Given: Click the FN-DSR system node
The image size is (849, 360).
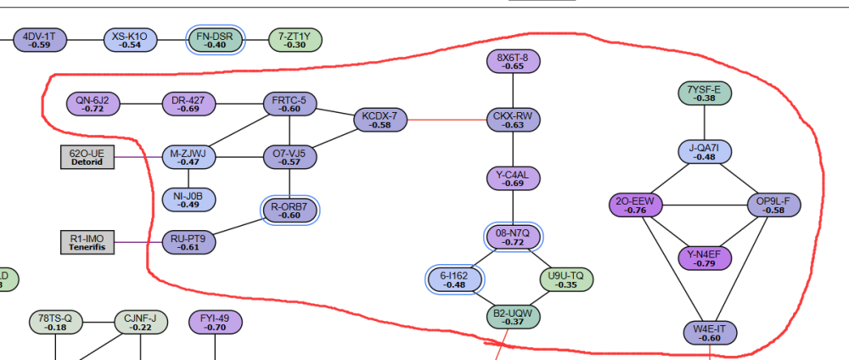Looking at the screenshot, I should (x=215, y=40).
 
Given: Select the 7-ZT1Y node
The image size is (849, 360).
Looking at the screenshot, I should (x=295, y=40).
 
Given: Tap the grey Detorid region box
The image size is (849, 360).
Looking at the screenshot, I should (x=87, y=157).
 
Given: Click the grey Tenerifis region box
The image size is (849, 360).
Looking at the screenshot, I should (x=87, y=242).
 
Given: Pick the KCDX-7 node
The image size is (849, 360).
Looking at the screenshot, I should (x=380, y=120).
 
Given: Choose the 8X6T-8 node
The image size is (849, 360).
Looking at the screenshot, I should (x=513, y=61).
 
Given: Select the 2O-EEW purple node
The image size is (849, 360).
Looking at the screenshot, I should (x=638, y=205).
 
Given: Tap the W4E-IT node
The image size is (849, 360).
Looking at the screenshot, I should (x=705, y=333).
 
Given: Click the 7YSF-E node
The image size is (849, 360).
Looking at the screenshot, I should (x=705, y=93).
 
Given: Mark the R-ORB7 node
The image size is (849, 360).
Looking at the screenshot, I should (x=290, y=211).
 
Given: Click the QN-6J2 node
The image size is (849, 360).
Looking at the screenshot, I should (x=93, y=104).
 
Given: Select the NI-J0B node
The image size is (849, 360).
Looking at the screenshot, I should (x=188, y=200).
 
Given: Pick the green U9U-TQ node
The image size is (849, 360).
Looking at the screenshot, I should (x=566, y=279).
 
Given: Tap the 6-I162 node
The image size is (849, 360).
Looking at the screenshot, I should (x=455, y=279).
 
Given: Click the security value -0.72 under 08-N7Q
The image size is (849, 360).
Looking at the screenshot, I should (x=513, y=242).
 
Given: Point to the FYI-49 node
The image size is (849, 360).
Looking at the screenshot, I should (x=215, y=323).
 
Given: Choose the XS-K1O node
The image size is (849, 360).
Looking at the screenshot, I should (x=130, y=40).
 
